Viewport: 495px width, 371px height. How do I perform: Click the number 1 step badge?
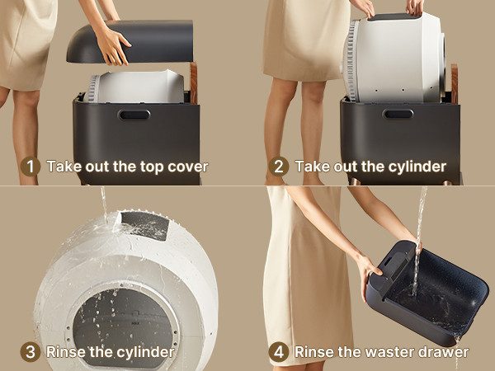click(31, 167)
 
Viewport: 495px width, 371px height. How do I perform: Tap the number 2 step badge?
click(279, 167)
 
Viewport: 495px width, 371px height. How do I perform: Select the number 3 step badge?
click(31, 352)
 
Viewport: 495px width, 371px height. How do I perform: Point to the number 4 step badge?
click(279, 352)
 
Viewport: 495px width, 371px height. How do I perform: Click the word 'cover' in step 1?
click(188, 167)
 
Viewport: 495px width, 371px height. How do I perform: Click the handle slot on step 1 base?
click(134, 115)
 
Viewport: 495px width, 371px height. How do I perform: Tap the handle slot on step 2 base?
click(398, 114)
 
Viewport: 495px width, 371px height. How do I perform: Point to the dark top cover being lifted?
click(130, 41)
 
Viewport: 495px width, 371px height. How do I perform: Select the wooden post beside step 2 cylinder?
click(455, 84)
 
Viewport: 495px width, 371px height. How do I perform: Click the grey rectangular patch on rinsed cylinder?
click(145, 225)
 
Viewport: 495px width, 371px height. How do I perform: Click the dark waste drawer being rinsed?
click(427, 293)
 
